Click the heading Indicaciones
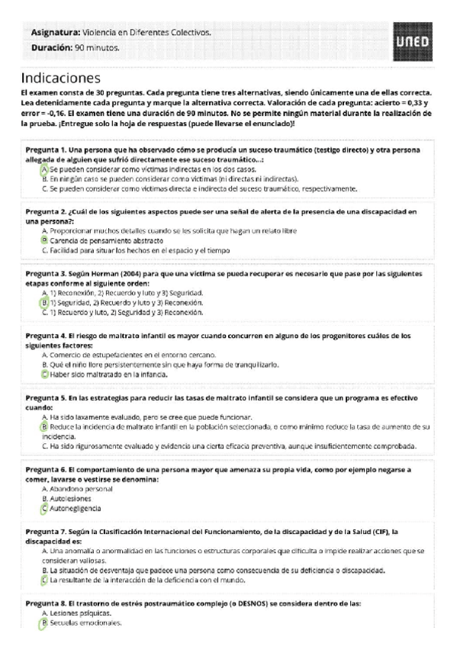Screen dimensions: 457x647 pos(61,78)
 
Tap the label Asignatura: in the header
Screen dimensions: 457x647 pos(55,33)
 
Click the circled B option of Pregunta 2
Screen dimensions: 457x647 pos(45,240)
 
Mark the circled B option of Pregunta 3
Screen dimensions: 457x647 pos(45,302)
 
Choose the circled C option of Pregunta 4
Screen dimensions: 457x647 pos(45,374)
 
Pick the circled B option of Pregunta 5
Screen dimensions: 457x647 pos(45,427)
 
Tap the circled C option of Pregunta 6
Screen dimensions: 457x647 pos(45,508)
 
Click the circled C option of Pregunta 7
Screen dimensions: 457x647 pos(45,580)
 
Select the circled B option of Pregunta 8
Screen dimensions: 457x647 pos(45,623)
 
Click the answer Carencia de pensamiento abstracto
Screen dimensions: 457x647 pos(102,240)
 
